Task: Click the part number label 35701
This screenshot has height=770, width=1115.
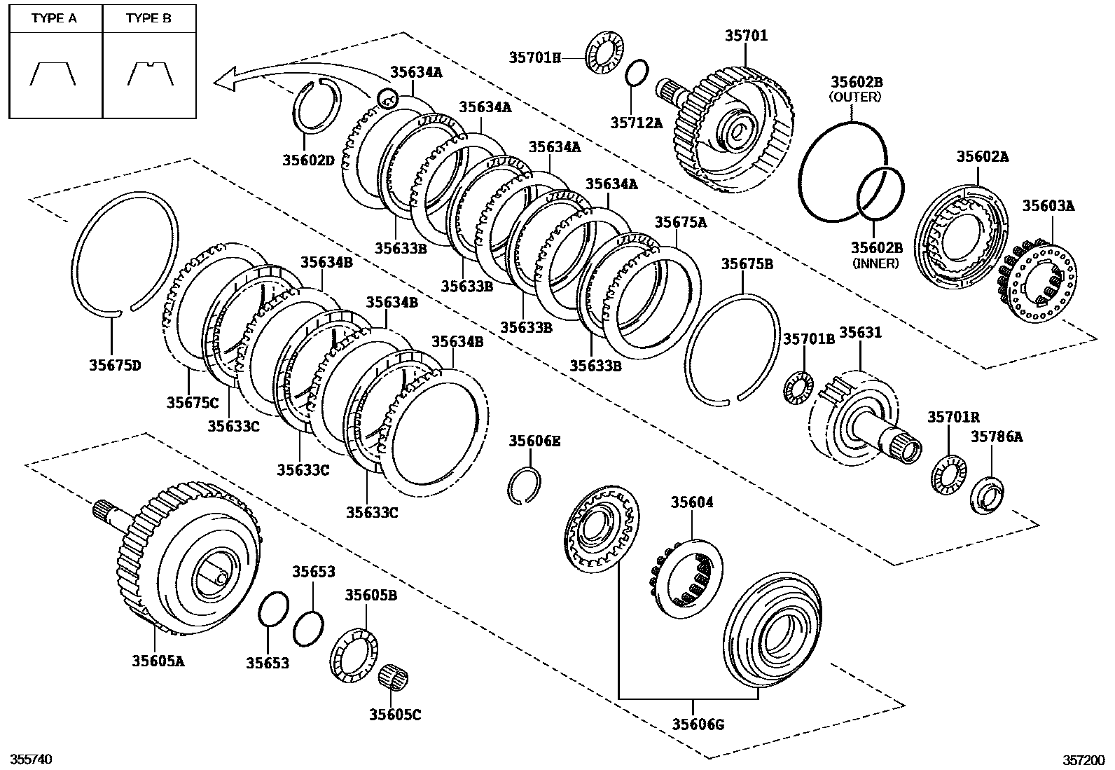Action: click(x=746, y=35)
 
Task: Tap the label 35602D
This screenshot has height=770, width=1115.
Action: click(x=309, y=160)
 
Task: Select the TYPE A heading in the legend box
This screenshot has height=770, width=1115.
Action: click(x=54, y=19)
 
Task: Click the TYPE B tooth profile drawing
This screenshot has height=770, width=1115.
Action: click(x=150, y=74)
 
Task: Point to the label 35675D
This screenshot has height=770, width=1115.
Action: click(x=115, y=365)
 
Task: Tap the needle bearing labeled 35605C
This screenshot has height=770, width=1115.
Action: click(x=392, y=678)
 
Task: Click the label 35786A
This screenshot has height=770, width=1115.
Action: click(x=996, y=436)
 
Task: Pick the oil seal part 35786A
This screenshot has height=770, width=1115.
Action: click(x=987, y=495)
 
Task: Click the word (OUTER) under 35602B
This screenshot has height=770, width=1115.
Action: click(x=855, y=97)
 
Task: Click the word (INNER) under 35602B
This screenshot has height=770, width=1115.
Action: click(x=875, y=263)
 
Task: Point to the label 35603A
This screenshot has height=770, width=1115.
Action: click(x=1048, y=206)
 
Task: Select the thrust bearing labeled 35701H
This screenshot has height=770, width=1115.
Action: click(x=604, y=52)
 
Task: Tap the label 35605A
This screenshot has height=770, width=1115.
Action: click(x=158, y=660)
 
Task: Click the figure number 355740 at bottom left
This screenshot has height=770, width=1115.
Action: click(x=31, y=759)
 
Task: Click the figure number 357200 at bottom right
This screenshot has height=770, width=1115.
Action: click(x=1083, y=759)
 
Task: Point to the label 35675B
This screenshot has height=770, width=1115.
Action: click(x=747, y=263)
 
